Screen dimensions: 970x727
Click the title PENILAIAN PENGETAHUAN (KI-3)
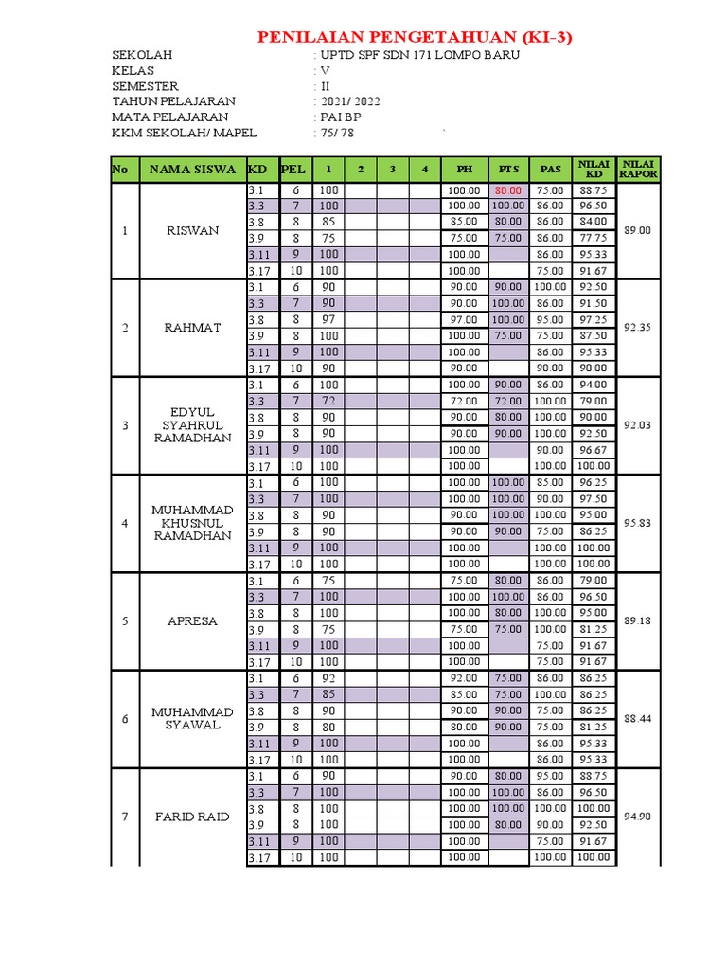coord(416,38)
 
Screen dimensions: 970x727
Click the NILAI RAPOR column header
coord(638,170)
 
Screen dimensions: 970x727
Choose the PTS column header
coord(507,170)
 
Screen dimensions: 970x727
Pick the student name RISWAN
coord(192,230)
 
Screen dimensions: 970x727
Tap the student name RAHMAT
coord(192,328)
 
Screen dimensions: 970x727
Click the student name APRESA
coord(192,621)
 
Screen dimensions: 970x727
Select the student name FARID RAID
coord(192,817)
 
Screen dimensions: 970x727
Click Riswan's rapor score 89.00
coord(638,230)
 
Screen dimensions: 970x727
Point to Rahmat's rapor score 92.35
coord(638,328)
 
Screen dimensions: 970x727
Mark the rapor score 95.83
coord(638,523)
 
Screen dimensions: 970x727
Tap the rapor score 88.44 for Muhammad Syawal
coord(638,719)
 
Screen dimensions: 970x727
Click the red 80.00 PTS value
coord(508,189)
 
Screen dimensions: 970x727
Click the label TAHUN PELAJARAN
coord(173,101)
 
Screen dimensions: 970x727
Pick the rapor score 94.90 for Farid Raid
coord(638,817)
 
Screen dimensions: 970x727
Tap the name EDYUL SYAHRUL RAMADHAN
coord(192,425)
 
